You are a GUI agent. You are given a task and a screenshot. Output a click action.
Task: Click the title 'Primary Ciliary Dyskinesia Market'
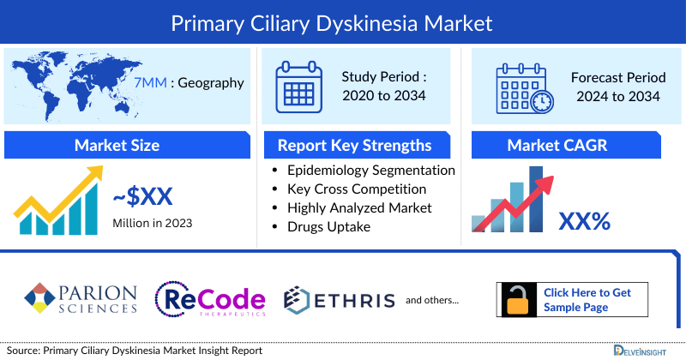342,21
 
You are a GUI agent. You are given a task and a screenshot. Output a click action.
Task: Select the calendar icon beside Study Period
298,86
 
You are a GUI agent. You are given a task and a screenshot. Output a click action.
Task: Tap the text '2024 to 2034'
616,96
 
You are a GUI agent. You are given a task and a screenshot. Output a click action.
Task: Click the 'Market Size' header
117,146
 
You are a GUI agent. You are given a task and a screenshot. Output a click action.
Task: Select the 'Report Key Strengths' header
353,146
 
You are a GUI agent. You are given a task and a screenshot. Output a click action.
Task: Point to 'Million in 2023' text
152,223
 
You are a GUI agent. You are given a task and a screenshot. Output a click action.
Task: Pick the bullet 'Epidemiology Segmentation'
370,171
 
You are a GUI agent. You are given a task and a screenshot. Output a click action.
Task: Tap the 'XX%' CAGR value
584,222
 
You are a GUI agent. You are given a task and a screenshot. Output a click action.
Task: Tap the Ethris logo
340,299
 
